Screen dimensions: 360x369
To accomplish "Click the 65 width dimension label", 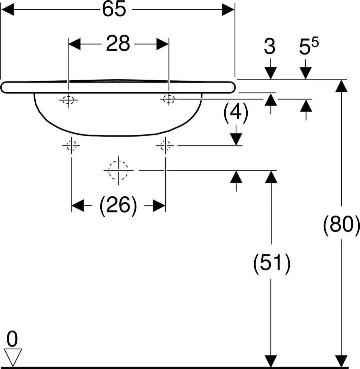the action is (x=114, y=10).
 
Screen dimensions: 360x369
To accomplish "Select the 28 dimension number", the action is (x=118, y=44).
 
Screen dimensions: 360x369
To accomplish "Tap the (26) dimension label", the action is (x=118, y=206).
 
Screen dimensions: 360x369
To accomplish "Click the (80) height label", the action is (x=341, y=225).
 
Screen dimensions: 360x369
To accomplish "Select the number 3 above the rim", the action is (x=270, y=46).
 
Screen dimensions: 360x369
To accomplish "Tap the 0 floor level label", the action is (x=12, y=339).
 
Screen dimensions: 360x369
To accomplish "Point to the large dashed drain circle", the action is (x=118, y=170).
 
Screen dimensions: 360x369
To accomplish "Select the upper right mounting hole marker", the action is (x=169, y=99).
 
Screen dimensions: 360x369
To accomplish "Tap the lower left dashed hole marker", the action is (x=71, y=146).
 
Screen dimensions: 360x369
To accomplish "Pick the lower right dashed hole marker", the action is (x=165, y=146).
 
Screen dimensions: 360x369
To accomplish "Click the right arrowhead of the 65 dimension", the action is (x=228, y=10).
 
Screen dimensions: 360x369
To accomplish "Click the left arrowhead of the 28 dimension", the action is (x=74, y=44).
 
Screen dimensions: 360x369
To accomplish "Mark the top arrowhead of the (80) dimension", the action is (x=341, y=86).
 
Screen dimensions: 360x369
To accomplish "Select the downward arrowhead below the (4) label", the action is (x=236, y=139).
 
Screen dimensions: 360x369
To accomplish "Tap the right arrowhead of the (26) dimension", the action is (x=159, y=206).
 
